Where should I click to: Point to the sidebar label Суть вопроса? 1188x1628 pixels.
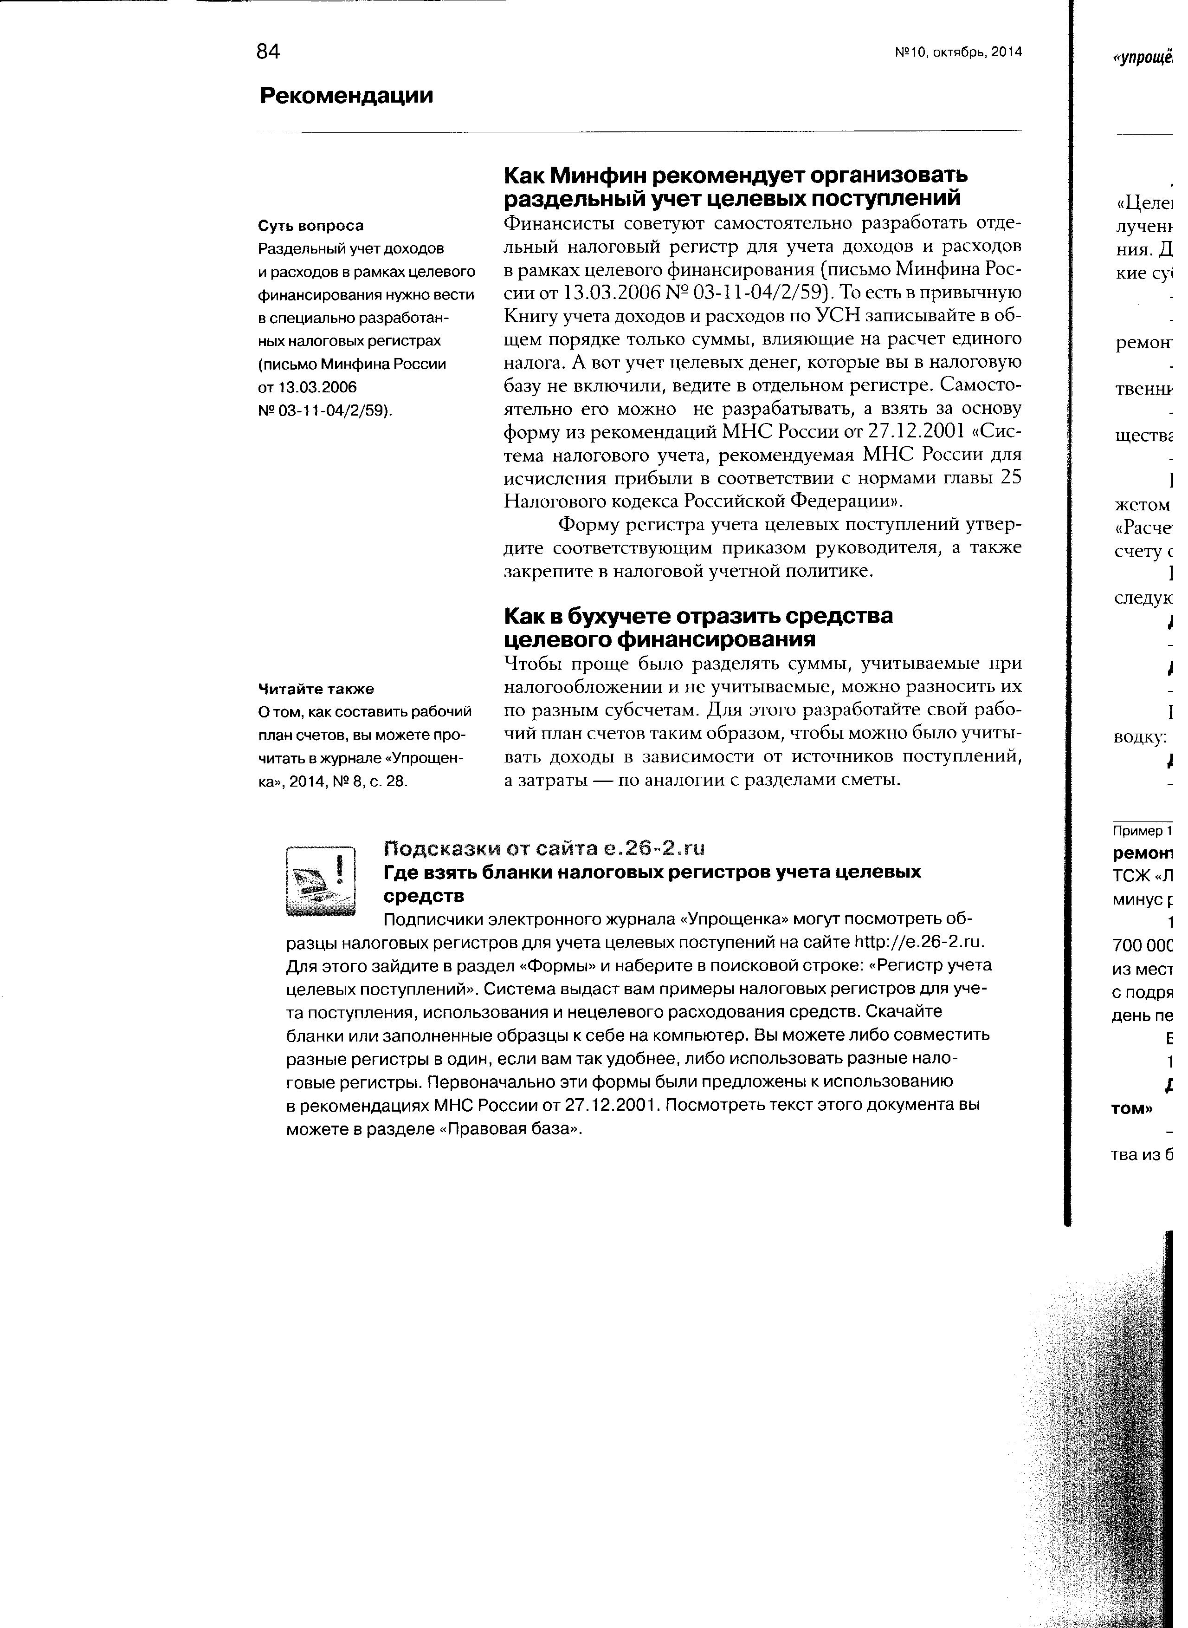310,226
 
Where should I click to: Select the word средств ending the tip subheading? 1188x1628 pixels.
424,896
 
